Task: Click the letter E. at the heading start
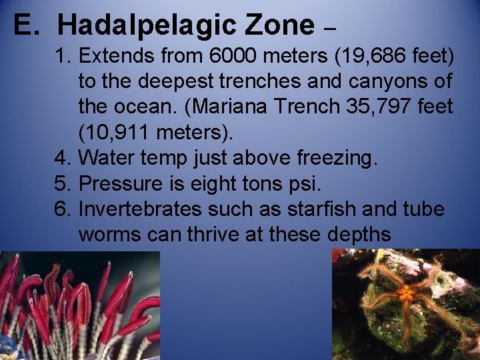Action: click(29, 25)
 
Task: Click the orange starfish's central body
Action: click(405, 293)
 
